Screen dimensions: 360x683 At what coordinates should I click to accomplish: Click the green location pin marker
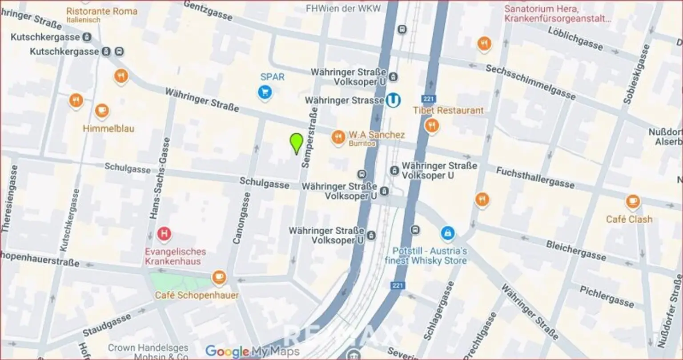click(296, 143)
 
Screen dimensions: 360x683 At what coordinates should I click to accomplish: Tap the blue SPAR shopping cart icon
click(265, 92)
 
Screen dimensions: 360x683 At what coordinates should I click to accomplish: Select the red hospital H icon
click(165, 233)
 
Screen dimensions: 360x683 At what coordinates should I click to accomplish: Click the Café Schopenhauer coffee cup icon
click(218, 278)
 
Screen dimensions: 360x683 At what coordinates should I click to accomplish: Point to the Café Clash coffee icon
click(633, 202)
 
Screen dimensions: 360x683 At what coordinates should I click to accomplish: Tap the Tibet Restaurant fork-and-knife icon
click(431, 126)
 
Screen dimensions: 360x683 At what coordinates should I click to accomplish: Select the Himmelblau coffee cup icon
click(102, 110)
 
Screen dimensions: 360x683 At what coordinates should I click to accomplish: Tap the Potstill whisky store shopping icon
click(448, 232)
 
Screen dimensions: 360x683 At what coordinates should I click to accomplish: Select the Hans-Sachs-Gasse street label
click(161, 178)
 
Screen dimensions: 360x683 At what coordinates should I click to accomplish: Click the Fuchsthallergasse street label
click(535, 177)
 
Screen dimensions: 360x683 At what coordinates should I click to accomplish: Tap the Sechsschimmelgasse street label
click(530, 82)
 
